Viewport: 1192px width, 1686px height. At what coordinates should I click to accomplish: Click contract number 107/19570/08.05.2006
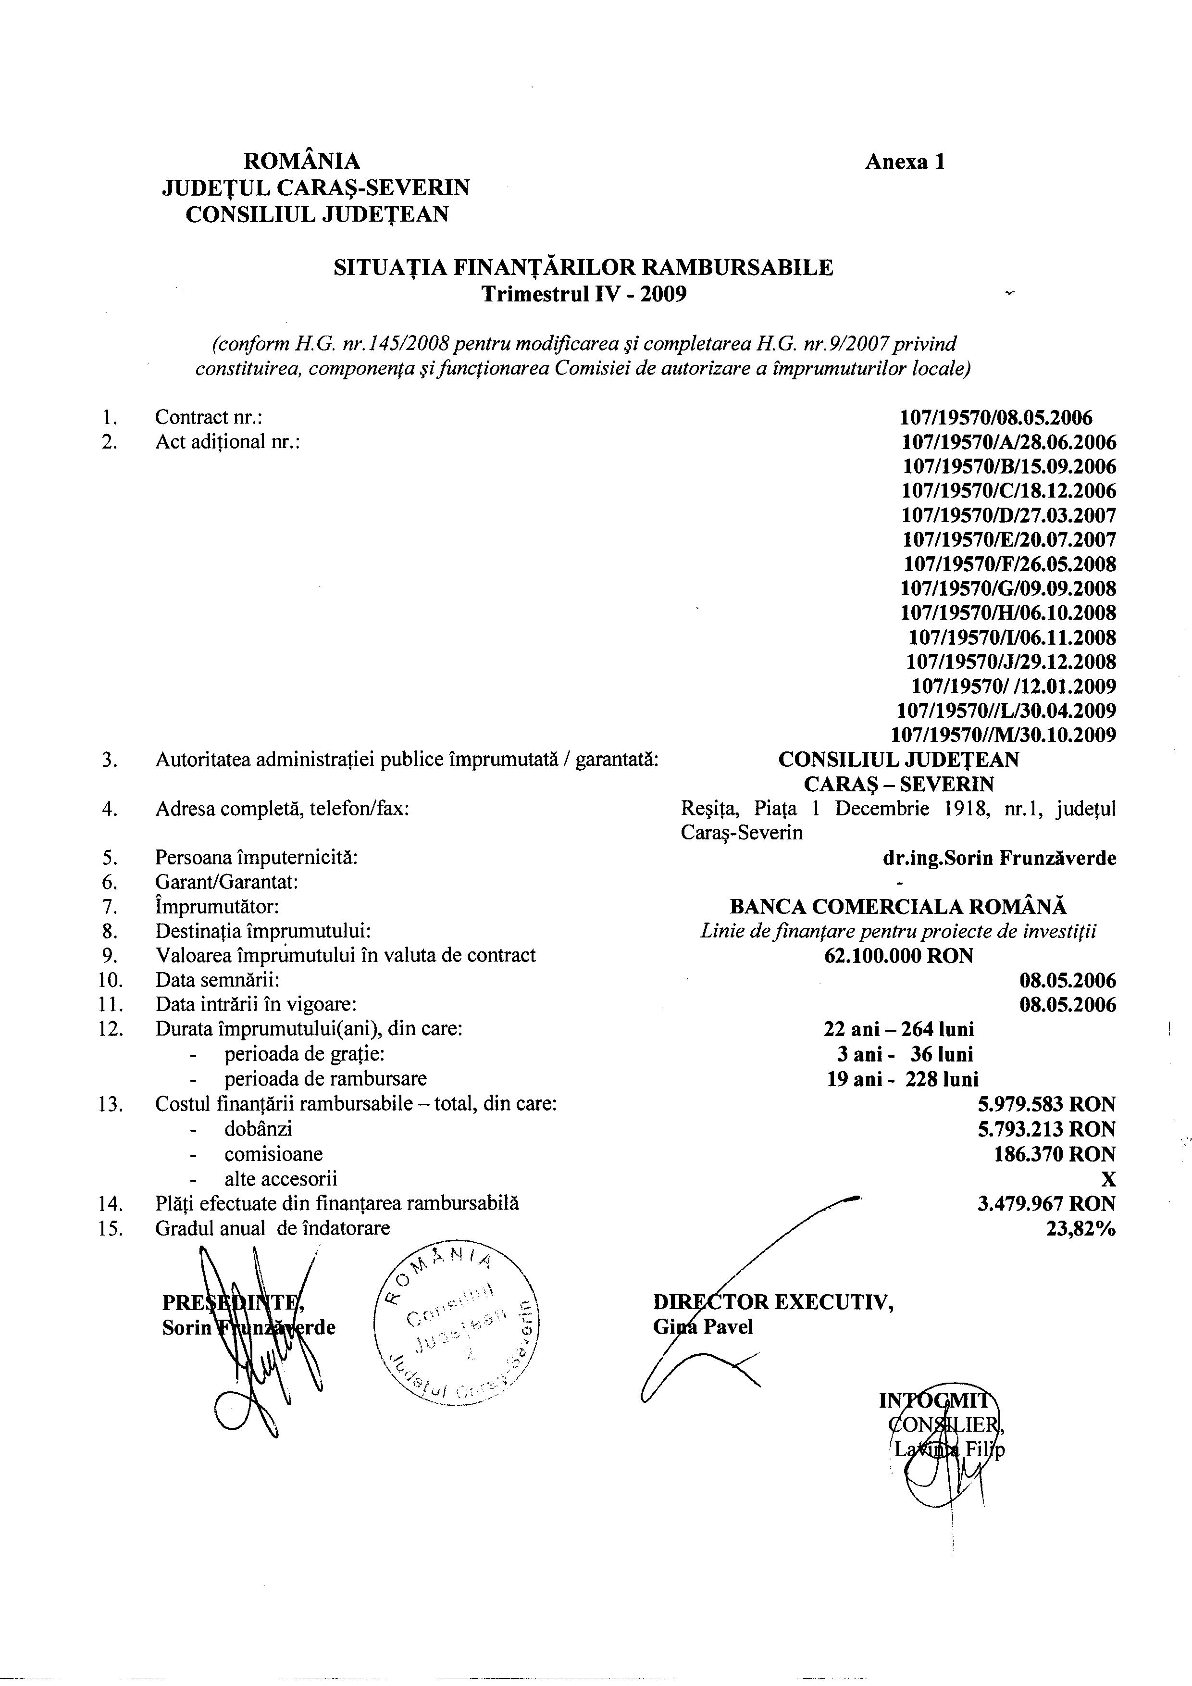tap(995, 418)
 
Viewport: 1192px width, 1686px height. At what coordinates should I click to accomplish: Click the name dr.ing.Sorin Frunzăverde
tap(1000, 858)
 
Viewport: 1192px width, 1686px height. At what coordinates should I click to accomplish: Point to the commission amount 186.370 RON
tap(1055, 1154)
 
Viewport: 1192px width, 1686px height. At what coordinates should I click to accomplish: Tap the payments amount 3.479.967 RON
tap(1046, 1203)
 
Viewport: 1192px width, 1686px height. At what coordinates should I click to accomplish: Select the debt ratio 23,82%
tap(1080, 1228)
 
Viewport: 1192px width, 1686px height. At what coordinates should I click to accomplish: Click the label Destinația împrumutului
tap(262, 931)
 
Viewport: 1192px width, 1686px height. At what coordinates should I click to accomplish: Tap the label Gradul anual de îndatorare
tap(273, 1228)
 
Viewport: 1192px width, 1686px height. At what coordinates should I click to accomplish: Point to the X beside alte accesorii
tap(1108, 1179)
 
